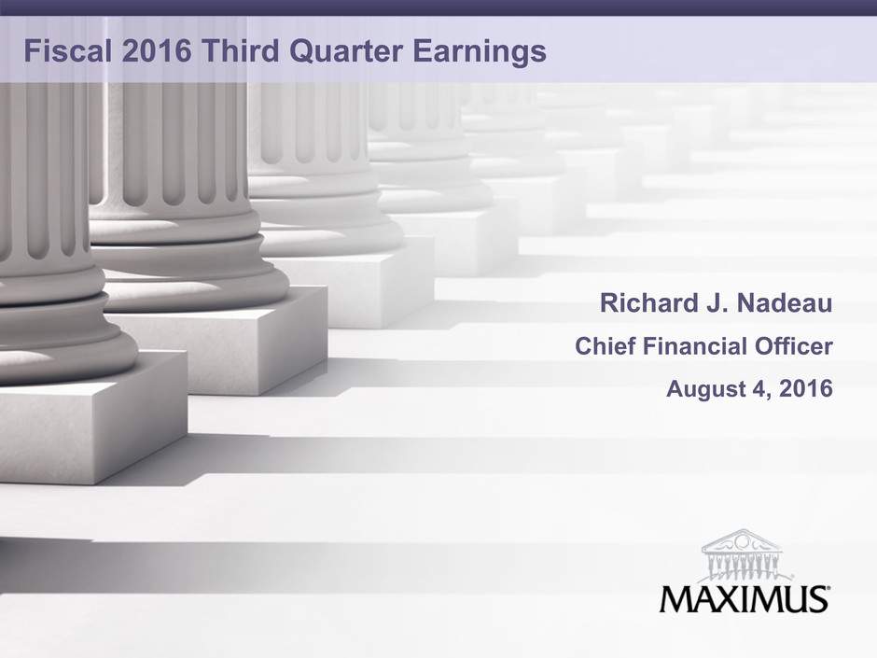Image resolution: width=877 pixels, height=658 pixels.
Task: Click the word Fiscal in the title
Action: tap(68, 51)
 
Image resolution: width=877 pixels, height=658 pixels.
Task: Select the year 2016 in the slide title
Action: tap(157, 51)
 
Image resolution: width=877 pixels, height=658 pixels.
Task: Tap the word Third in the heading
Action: tap(240, 51)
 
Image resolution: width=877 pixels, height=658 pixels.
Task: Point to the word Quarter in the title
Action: tap(345, 51)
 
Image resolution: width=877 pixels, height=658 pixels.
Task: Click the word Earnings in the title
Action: tap(480, 52)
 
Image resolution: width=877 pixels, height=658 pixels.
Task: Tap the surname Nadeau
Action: tap(785, 302)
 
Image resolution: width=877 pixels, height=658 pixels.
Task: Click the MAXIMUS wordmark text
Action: tap(743, 598)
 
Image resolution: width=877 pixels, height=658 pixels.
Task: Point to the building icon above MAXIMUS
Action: tap(742, 555)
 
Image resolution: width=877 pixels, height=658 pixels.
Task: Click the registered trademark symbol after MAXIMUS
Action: tap(828, 589)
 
